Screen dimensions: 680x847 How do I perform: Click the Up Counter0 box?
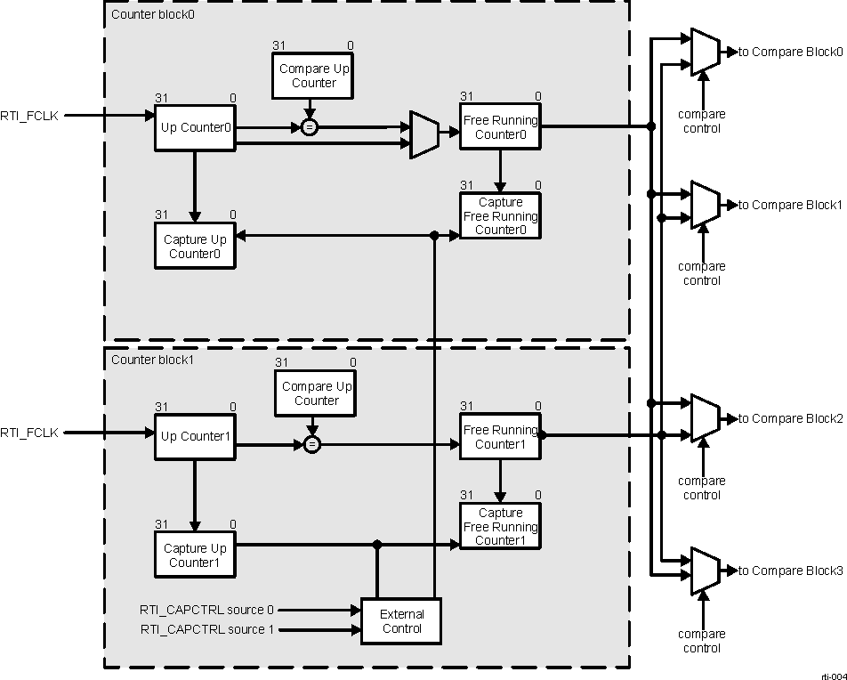click(195, 127)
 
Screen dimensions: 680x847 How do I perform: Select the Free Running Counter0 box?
click(500, 127)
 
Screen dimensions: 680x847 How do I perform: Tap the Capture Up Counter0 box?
click(195, 246)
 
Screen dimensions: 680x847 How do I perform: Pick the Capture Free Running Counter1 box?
click(500, 526)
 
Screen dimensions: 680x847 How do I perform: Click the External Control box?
click(401, 621)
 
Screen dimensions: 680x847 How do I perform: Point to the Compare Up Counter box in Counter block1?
click(316, 393)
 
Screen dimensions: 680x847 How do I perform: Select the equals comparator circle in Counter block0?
click(309, 128)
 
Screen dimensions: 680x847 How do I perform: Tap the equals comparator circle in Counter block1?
click(311, 444)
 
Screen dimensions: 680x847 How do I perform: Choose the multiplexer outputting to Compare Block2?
click(705, 417)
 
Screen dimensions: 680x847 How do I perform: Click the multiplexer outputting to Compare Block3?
click(705, 571)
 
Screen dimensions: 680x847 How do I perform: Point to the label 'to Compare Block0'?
click(790, 53)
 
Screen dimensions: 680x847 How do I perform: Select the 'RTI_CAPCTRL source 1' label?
click(206, 629)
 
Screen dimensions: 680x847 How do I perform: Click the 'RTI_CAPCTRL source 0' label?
click(206, 611)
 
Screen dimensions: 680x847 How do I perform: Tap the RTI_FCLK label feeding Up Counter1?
click(29, 433)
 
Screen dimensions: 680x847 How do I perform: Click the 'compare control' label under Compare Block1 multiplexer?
click(702, 273)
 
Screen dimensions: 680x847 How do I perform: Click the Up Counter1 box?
click(195, 436)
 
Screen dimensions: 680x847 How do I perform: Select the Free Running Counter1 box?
click(500, 436)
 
